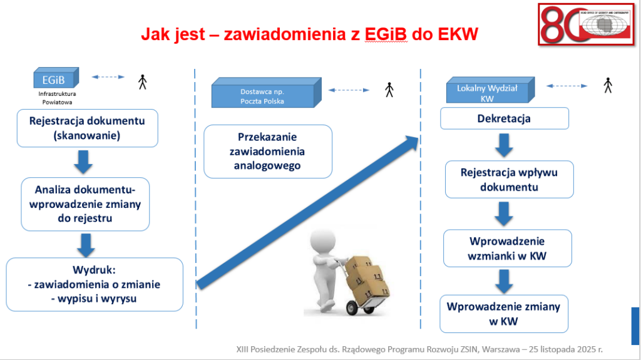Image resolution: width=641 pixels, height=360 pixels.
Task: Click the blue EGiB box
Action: [56, 79]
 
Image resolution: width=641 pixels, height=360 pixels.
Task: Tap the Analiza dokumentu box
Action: [85, 203]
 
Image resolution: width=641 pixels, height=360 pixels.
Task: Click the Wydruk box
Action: [95, 284]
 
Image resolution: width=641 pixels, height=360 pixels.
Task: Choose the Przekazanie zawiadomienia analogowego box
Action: [267, 151]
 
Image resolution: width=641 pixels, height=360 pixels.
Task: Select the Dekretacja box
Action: [504, 118]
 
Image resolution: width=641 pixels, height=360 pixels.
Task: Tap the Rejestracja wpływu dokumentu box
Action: [509, 179]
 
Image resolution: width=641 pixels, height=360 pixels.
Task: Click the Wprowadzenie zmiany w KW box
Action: [504, 313]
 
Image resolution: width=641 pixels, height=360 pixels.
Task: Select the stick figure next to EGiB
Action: [142, 81]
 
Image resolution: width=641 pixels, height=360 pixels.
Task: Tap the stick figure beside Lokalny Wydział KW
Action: [607, 85]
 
